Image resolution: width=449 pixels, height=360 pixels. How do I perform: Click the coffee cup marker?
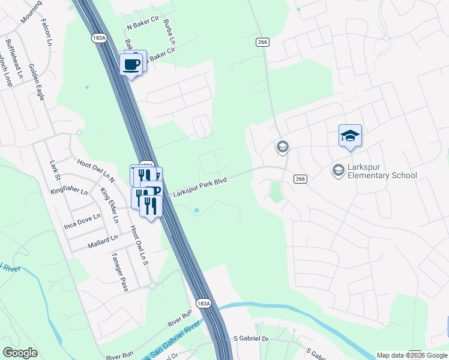coord(131,64)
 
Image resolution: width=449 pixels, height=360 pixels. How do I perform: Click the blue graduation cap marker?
coord(350,137)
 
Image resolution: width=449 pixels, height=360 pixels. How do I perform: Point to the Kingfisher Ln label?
coord(69,192)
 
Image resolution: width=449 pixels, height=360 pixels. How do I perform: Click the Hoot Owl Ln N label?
coord(96,170)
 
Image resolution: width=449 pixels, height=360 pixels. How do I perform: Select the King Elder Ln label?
coord(110,205)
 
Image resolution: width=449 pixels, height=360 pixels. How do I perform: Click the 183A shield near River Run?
coord(204,304)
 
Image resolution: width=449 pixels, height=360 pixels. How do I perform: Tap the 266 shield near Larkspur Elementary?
coord(301,179)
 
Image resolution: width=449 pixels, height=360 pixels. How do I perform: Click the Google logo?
coord(20,353)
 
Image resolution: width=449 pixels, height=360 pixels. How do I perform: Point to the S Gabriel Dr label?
coord(250,339)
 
